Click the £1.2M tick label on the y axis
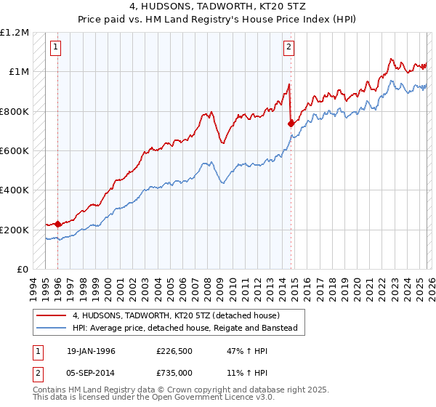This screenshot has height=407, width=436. coord(15,33)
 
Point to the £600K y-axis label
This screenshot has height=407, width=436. coord(15,151)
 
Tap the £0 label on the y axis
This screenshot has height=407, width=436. coord(23,270)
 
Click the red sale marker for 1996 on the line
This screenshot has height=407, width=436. coord(58,225)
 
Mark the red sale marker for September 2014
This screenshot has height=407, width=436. coord(291,124)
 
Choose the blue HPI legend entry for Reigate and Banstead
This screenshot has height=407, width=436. coord(185,329)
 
